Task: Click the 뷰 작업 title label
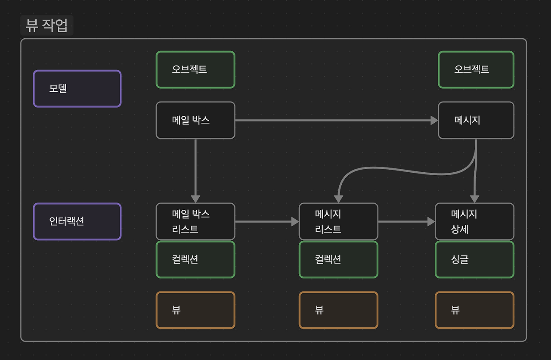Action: click(46, 25)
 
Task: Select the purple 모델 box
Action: click(77, 89)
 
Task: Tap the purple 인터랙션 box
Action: click(77, 221)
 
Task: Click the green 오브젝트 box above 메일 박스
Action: click(195, 70)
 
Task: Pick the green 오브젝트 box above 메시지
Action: click(476, 70)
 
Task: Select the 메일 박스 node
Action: click(195, 120)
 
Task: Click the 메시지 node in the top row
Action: click(476, 120)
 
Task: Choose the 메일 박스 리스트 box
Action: click(195, 221)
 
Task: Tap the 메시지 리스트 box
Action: click(338, 221)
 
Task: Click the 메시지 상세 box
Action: click(474, 221)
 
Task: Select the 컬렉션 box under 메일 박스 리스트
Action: click(195, 259)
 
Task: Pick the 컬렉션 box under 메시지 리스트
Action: click(338, 259)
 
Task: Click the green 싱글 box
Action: click(474, 259)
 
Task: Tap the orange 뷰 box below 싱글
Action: click(474, 310)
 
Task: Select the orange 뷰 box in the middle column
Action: click(338, 310)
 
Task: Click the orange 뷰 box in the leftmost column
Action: click(195, 310)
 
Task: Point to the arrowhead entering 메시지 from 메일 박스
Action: click(434, 121)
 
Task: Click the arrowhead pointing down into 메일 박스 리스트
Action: click(195, 199)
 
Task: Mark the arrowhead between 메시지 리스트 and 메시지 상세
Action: click(431, 221)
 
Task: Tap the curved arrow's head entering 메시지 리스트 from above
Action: click(339, 199)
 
